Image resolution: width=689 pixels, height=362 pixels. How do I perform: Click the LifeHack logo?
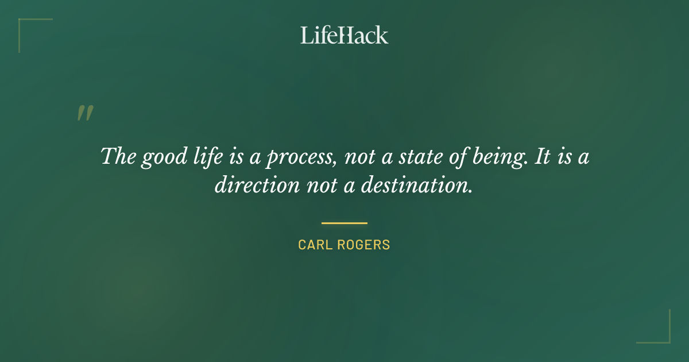[344, 35]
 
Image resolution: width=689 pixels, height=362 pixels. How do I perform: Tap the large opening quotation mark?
[84, 113]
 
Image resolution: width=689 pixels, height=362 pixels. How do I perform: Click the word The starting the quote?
[117, 156]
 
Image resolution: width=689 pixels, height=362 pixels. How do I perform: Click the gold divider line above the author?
[344, 223]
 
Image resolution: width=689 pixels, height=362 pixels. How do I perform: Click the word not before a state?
[359, 157]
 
